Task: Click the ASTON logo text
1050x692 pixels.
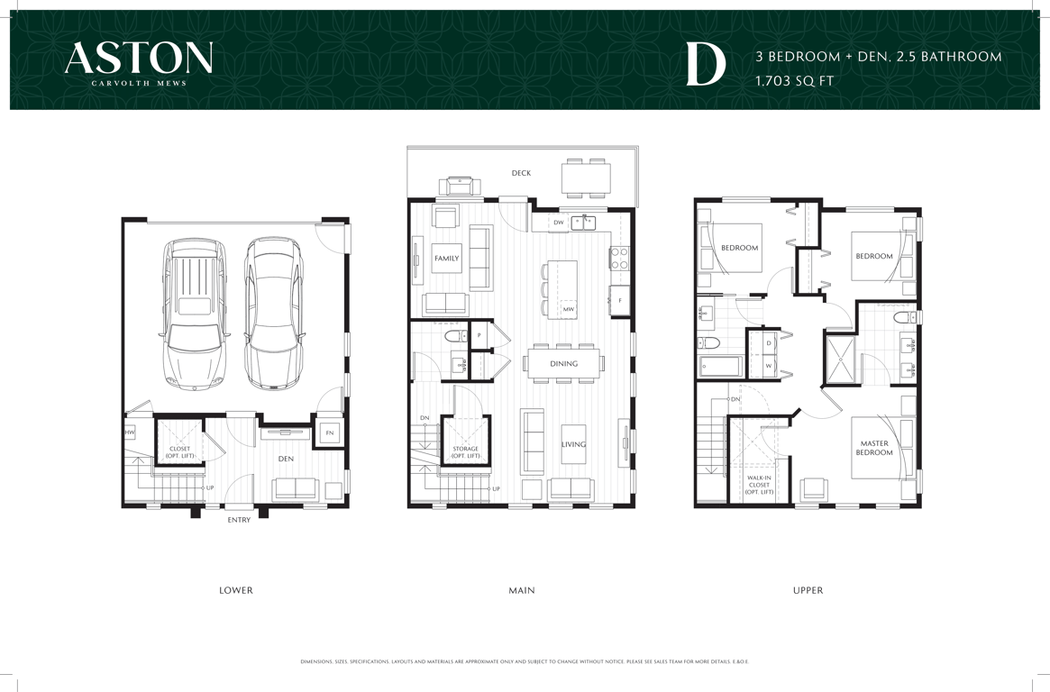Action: pos(139,58)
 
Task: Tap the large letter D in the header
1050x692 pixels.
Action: pos(706,67)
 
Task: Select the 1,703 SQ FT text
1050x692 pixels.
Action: pos(794,81)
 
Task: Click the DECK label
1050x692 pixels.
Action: pos(521,173)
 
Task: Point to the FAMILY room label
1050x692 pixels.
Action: pos(447,259)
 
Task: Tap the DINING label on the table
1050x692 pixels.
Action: pos(564,363)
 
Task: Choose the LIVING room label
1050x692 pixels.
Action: pos(573,443)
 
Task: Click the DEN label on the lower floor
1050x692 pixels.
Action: pos(286,459)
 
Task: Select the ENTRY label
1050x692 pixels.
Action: pos(239,520)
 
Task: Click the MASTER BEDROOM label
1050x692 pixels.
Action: pos(874,448)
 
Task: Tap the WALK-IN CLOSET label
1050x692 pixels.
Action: pos(759,485)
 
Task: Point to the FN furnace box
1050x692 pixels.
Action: pos(330,433)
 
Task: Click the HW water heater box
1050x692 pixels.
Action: pos(130,433)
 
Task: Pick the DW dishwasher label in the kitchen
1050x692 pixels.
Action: pos(559,223)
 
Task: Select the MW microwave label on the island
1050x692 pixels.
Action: pos(568,309)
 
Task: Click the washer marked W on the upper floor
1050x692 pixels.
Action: pos(768,366)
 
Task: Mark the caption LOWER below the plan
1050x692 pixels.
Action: pos(236,590)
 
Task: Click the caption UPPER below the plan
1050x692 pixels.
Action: pos(808,590)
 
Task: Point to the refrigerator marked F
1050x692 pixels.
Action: pos(620,300)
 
